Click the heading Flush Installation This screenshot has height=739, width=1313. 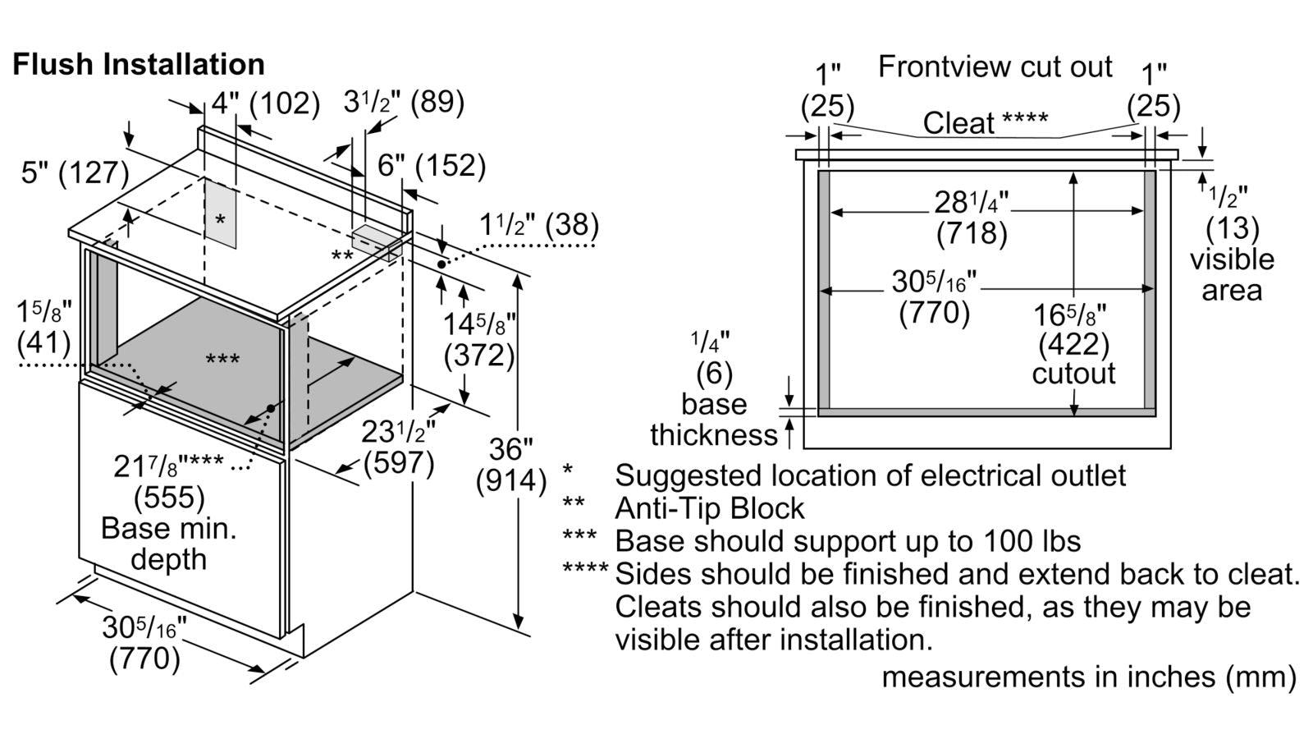tap(138, 64)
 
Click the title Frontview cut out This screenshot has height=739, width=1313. tap(995, 67)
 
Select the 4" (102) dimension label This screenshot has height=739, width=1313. tap(265, 103)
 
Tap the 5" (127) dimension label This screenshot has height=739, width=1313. tap(75, 173)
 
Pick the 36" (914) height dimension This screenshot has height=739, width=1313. tap(510, 465)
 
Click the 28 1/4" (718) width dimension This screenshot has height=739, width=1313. tap(972, 218)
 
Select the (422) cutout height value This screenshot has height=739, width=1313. tap(1073, 344)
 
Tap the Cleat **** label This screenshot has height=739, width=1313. tap(985, 123)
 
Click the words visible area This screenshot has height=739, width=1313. tap(1232, 274)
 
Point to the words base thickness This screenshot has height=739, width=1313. tap(714, 420)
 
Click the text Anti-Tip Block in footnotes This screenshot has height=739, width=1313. tap(710, 508)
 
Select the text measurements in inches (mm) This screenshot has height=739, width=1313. tap(1089, 677)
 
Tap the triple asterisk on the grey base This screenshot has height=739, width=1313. tap(222, 360)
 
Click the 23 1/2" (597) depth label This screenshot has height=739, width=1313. tap(399, 447)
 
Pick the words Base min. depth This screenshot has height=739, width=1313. tap(168, 544)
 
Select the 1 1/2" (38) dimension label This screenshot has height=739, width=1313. tap(538, 224)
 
